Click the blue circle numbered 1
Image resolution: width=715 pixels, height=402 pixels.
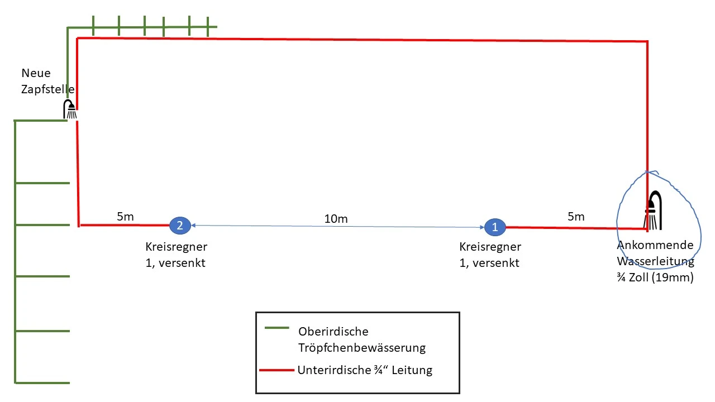[495, 227]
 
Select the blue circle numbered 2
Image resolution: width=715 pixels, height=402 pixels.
[180, 226]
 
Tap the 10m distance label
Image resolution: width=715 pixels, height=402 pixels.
[336, 219]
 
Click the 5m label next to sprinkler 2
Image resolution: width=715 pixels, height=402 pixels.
[125, 217]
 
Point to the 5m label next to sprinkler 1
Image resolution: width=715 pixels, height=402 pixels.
[576, 217]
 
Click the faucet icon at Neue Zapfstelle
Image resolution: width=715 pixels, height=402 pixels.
[70, 109]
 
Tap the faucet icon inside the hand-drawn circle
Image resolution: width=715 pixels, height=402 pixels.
[653, 210]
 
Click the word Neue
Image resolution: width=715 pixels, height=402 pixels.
[36, 73]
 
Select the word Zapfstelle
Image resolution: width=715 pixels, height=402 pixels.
[48, 89]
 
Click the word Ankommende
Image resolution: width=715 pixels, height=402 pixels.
[655, 245]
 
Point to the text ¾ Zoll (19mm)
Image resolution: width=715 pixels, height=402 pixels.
[655, 277]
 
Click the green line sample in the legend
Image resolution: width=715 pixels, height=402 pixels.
[277, 328]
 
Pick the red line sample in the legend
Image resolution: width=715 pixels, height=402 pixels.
[277, 370]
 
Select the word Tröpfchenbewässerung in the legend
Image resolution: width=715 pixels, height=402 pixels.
[362, 348]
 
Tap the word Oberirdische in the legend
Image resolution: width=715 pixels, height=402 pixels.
[333, 332]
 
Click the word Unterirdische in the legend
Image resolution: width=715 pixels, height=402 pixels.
[334, 370]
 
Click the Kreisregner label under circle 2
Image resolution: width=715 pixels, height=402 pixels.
[176, 247]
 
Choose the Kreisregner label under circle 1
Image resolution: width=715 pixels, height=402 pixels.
[490, 247]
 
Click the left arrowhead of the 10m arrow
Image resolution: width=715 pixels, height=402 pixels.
[193, 226]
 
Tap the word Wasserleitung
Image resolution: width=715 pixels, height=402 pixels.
[656, 261]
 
